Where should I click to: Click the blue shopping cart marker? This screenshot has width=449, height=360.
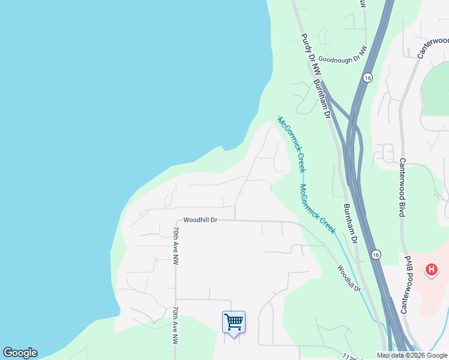tap(234, 322)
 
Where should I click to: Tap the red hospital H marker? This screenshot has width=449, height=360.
tap(431, 270)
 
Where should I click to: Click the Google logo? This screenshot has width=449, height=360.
tap(20, 353)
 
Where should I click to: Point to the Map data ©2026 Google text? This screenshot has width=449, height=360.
tap(412, 355)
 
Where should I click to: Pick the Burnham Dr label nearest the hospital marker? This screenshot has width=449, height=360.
tap(350, 223)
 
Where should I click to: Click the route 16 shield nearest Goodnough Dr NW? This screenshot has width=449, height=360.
tap(367, 78)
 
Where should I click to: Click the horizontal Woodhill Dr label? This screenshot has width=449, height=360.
tap(200, 220)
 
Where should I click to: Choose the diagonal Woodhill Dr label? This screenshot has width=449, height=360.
tap(348, 278)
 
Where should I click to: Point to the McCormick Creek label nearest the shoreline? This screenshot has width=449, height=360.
tap(292, 143)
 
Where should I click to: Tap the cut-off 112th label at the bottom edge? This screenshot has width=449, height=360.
tap(355, 356)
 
